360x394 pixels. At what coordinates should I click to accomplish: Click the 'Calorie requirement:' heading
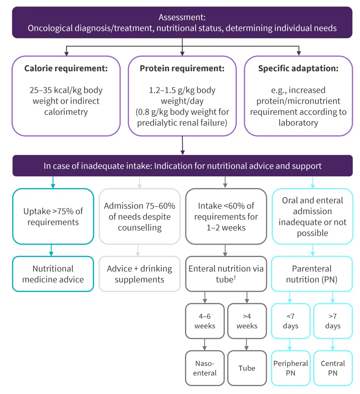point(66,68)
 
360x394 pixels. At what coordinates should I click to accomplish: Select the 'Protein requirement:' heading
point(182,68)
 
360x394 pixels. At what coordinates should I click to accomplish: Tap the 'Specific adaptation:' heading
point(298,68)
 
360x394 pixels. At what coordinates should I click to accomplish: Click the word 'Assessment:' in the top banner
point(182,17)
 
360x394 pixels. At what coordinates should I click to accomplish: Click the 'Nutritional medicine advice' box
point(53,274)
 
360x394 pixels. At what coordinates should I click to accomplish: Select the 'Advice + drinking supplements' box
point(139,274)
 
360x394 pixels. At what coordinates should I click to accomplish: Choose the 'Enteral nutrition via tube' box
point(226,274)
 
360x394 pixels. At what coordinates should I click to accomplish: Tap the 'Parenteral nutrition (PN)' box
point(312,274)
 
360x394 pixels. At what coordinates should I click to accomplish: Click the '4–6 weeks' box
point(204,321)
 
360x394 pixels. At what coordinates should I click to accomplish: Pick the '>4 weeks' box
point(247,321)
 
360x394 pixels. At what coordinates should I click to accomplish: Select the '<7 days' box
point(291,321)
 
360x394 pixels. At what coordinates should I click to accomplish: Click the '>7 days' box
point(333,321)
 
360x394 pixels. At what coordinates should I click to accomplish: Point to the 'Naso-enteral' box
point(204,368)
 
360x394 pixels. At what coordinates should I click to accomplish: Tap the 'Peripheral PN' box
point(291,368)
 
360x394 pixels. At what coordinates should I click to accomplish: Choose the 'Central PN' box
point(333,368)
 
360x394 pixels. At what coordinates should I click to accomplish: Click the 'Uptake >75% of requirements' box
point(53,217)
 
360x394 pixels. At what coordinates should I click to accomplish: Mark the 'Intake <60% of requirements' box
point(226,217)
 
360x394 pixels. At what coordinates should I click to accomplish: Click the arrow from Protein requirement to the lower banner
point(183,145)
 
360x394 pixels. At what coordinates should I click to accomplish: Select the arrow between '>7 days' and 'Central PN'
point(333,344)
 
